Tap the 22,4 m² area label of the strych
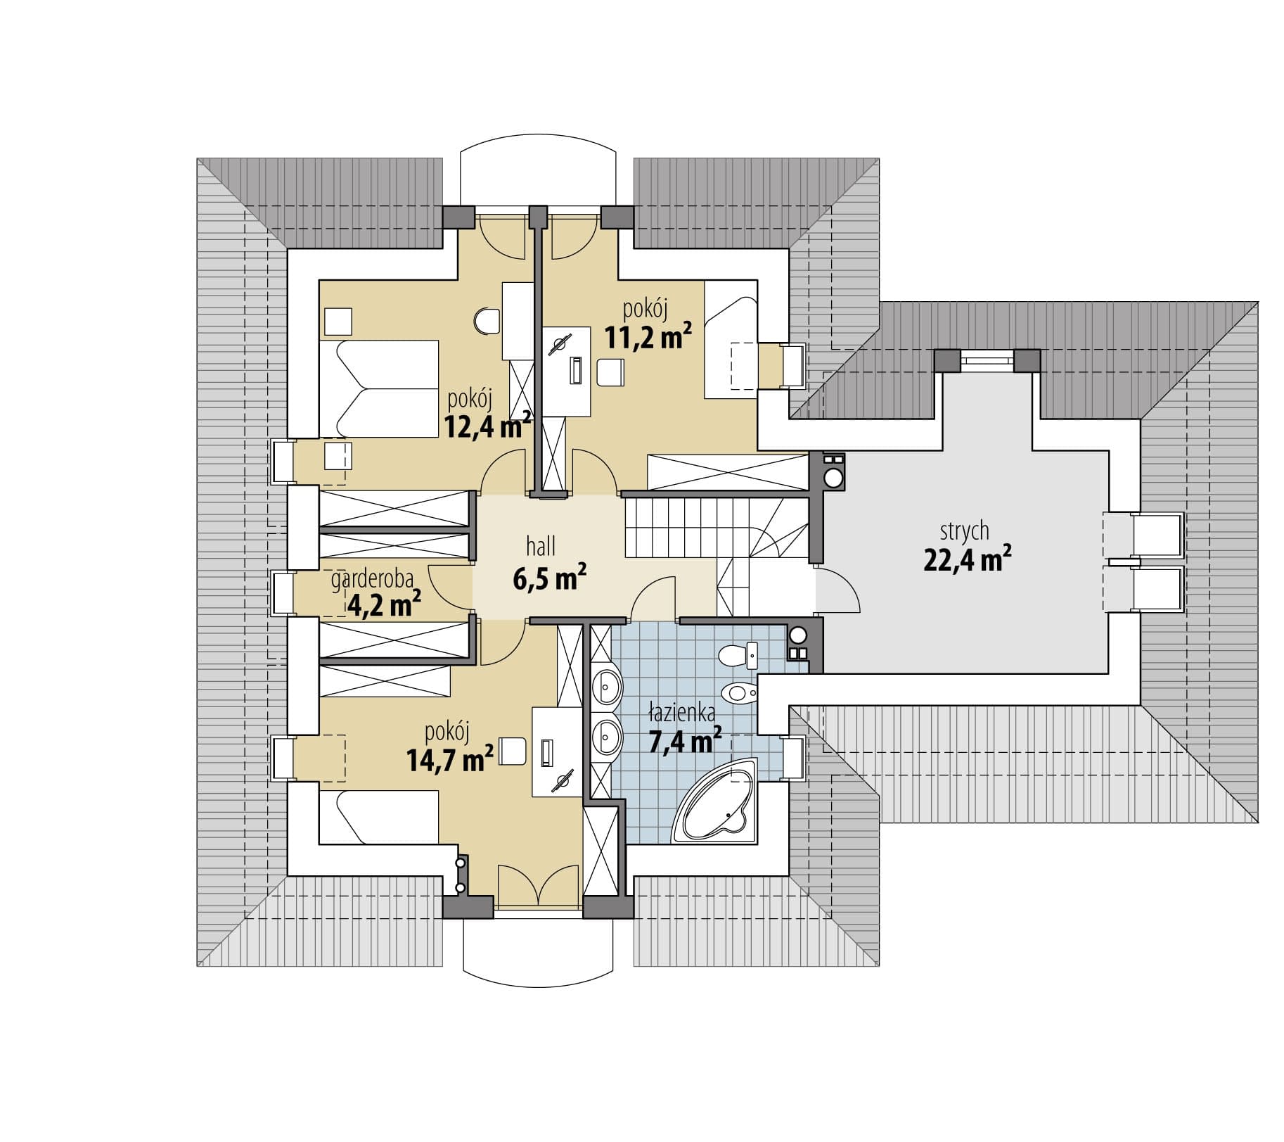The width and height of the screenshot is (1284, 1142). [967, 559]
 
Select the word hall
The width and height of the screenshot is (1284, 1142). [541, 545]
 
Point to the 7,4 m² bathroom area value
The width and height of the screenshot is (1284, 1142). [684, 740]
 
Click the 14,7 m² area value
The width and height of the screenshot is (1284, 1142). [449, 759]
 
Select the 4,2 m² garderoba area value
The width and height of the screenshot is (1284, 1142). [383, 603]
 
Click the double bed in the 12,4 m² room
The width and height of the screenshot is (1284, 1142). [379, 388]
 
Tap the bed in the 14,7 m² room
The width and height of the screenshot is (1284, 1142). [379, 816]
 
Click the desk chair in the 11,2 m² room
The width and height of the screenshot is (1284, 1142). [610, 372]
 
